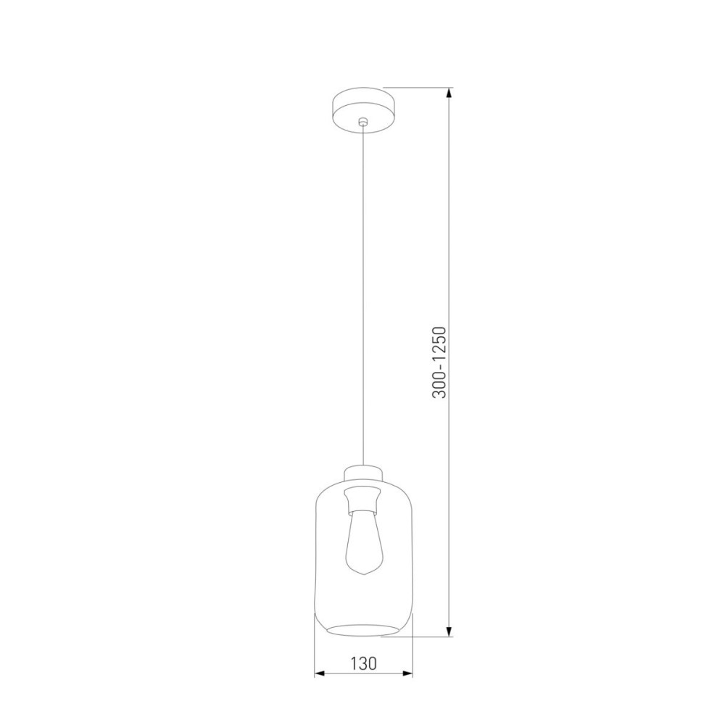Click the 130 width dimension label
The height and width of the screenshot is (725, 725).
point(363,663)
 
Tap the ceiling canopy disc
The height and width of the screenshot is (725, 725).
point(363,110)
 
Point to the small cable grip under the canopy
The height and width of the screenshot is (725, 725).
point(363,122)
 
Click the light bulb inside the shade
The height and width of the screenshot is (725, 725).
point(363,543)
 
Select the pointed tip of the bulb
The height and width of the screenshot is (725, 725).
point(364,574)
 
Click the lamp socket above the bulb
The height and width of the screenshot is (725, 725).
point(363,499)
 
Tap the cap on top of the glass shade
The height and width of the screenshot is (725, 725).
point(363,473)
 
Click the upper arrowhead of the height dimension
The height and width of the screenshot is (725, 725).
point(449,93)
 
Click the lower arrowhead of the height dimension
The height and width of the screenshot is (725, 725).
point(449,631)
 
